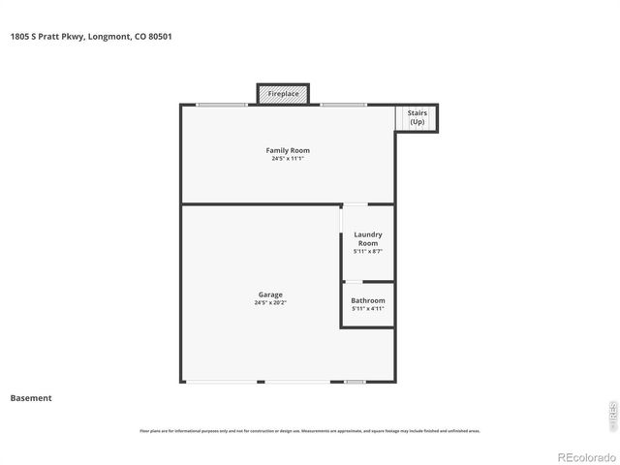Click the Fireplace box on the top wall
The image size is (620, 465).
[x=283, y=94]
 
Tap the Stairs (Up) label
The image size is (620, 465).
[x=417, y=118]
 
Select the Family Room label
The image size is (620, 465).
[x=288, y=150]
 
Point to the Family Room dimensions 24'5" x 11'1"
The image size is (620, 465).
[x=288, y=159]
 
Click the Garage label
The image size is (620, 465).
[x=270, y=294]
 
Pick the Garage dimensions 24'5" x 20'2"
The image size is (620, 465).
[x=270, y=303]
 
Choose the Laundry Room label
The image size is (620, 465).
[x=368, y=238]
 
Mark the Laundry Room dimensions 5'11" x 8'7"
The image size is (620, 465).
[x=368, y=252]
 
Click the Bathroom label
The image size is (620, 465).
[x=368, y=300]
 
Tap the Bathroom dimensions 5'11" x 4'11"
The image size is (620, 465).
[x=368, y=309]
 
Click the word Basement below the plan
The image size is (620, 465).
[x=31, y=398]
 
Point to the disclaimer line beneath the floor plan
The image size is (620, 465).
[x=309, y=431]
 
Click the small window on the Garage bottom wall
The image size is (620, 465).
[x=355, y=382]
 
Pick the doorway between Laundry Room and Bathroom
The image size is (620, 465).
[x=355, y=282]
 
